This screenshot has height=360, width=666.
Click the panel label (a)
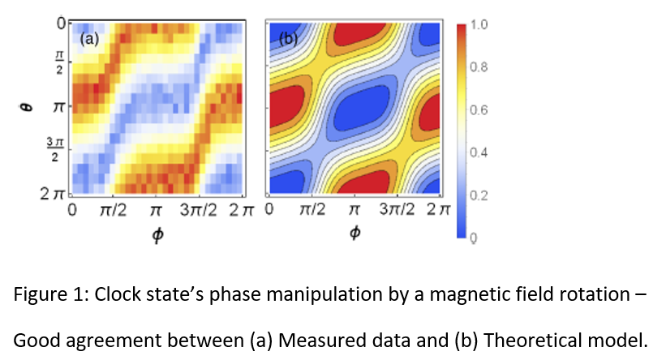click(x=88, y=36)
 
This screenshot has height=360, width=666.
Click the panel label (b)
click(x=287, y=36)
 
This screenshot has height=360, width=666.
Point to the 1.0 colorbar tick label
click(x=479, y=24)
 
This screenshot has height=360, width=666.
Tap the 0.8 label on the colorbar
click(x=479, y=67)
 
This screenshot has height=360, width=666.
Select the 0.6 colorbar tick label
click(x=479, y=110)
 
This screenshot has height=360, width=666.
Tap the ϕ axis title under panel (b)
click(x=354, y=234)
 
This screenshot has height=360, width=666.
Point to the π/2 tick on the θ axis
click(x=58, y=62)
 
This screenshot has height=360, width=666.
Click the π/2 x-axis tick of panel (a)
click(x=112, y=212)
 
